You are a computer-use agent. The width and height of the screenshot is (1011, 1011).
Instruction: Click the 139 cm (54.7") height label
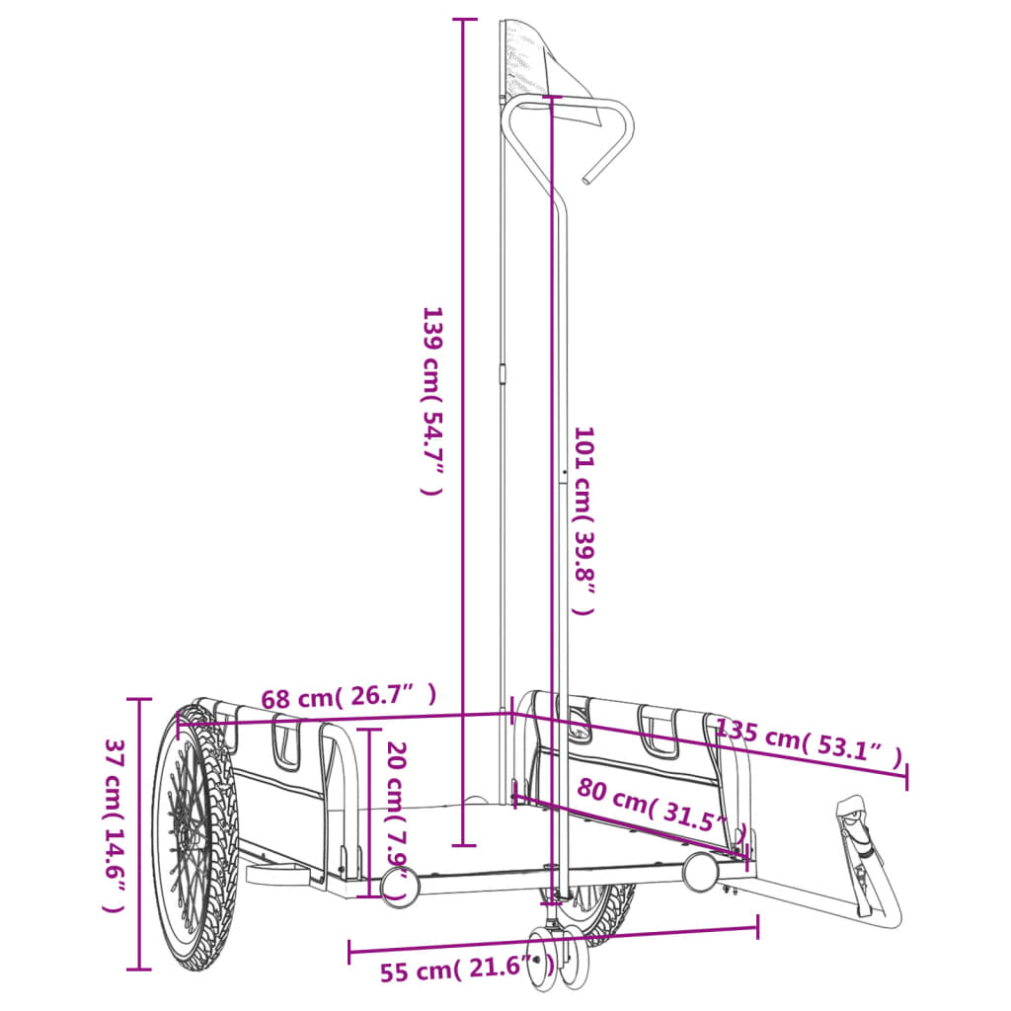[x=431, y=400]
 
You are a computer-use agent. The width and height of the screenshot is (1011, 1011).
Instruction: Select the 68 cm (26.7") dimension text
[x=348, y=697]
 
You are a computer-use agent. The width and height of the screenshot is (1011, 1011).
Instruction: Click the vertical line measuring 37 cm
[x=139, y=832]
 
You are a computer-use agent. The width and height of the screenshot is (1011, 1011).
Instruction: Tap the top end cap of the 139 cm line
[x=463, y=20]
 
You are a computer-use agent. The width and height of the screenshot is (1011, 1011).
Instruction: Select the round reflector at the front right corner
[x=700, y=872]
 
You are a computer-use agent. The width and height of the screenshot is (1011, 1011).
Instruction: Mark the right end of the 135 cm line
[x=905, y=776]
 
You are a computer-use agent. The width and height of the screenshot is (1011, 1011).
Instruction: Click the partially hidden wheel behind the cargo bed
[x=607, y=908]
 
